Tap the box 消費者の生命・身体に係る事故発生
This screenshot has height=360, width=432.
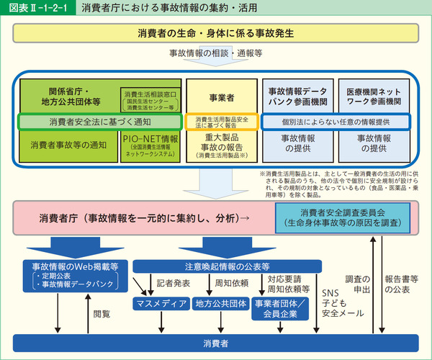click(216, 34)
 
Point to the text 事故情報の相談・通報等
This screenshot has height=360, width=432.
click(216, 54)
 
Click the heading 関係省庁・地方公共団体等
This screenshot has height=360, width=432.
click(69, 97)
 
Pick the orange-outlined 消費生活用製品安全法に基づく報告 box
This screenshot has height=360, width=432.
click(221, 122)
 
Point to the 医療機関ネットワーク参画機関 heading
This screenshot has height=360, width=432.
click(374, 97)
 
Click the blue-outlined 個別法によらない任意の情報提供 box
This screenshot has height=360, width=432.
click(336, 122)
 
